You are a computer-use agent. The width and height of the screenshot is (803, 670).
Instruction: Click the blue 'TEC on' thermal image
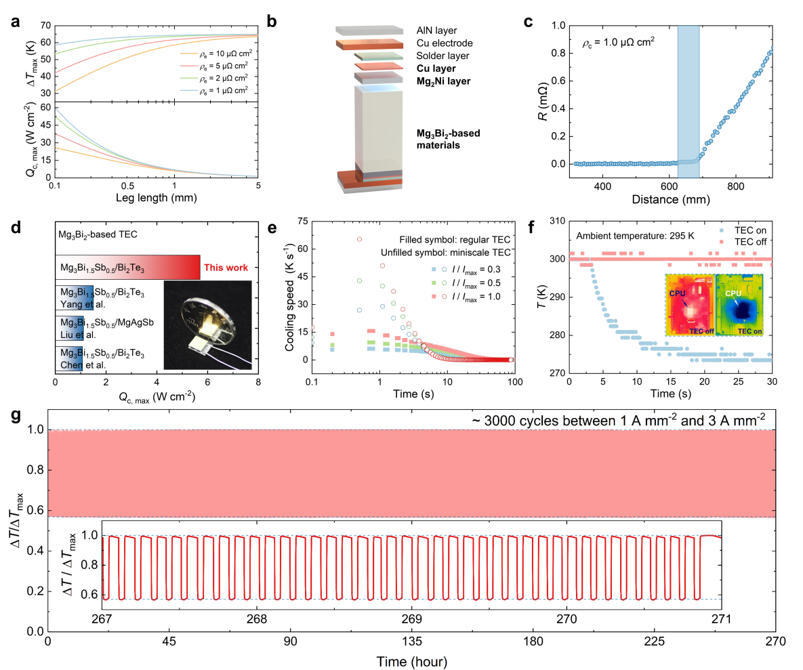[739, 305]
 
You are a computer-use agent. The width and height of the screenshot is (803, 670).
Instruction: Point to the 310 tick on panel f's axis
[557, 221]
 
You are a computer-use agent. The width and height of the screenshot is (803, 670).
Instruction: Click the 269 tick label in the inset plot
[411, 619]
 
